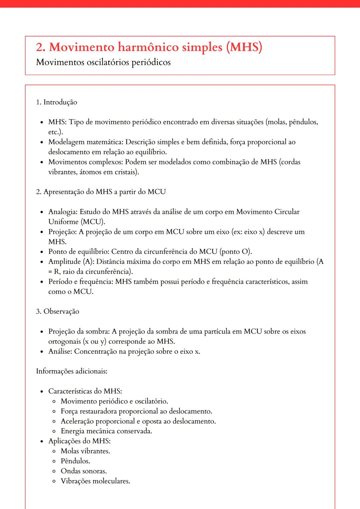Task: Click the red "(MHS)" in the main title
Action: click(244, 47)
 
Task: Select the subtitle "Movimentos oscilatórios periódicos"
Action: click(103, 62)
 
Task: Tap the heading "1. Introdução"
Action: click(56, 102)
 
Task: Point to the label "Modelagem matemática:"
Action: click(86, 142)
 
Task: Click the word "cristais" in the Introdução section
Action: click(126, 172)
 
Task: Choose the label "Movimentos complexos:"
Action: click(86, 162)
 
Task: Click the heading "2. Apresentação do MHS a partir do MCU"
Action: click(101, 192)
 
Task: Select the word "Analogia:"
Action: click(63, 212)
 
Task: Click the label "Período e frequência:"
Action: click(81, 281)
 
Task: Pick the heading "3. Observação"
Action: click(57, 311)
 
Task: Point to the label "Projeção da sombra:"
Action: click(79, 331)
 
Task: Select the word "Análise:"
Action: click(60, 351)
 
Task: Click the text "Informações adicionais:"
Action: click(72, 371)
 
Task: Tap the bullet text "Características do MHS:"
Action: click(85, 391)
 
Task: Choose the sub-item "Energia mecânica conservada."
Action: click(106, 431)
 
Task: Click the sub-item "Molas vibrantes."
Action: click(85, 451)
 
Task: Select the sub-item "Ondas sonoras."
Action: click(84, 471)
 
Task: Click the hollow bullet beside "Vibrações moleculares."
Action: click(54, 481)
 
